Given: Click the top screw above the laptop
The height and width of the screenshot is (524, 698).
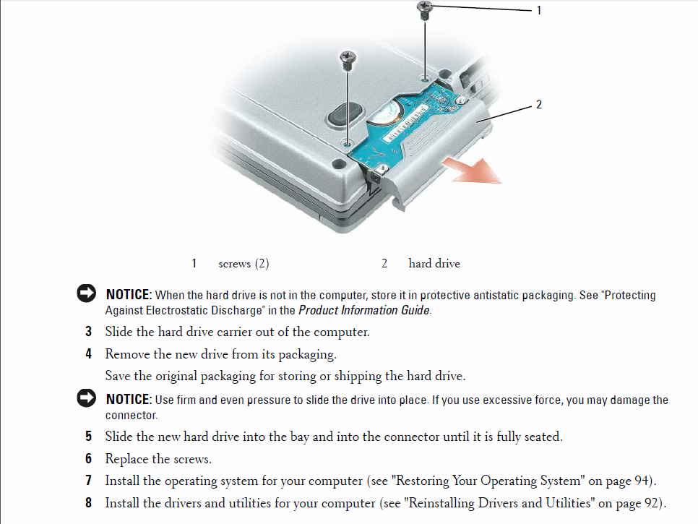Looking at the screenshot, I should pyautogui.click(x=425, y=8).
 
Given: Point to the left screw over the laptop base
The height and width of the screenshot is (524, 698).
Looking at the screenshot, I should pyautogui.click(x=348, y=57).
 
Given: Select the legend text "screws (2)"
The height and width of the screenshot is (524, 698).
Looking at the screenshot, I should pyautogui.click(x=244, y=264).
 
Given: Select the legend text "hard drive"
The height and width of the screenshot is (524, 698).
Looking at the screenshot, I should pyautogui.click(x=434, y=264).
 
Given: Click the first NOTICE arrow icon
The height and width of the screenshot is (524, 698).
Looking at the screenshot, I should pyautogui.click(x=87, y=294).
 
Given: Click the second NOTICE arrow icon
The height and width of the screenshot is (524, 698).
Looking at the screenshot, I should pyautogui.click(x=87, y=399).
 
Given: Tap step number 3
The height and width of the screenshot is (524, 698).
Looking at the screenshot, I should pyautogui.click(x=88, y=332).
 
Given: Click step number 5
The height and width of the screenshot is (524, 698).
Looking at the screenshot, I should pyautogui.click(x=88, y=437).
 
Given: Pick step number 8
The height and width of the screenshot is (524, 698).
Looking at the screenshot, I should pyautogui.click(x=88, y=502).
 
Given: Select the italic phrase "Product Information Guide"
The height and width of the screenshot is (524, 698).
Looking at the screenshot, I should pyautogui.click(x=363, y=311).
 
